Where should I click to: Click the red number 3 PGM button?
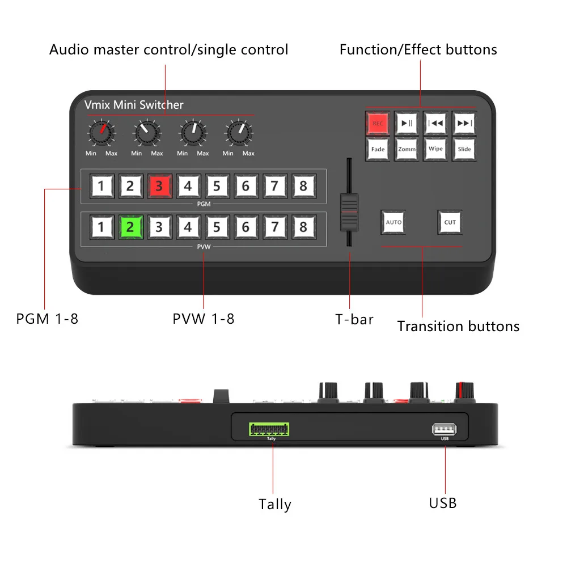(159, 186)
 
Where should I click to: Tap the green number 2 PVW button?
(130, 227)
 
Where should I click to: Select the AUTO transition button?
(393, 222)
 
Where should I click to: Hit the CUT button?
(450, 222)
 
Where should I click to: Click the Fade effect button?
(378, 149)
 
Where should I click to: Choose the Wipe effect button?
(435, 149)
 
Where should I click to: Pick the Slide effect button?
(464, 149)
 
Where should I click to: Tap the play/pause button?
(407, 123)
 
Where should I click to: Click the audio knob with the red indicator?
(100, 133)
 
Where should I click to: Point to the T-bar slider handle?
(349, 211)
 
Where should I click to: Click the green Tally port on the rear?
(268, 429)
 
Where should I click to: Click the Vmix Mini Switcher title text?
(134, 105)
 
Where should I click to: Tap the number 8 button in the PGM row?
(303, 186)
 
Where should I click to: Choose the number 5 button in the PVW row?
(217, 227)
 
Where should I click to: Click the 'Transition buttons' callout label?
(458, 326)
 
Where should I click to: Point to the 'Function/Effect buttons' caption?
(418, 50)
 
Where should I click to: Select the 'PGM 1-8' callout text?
(47, 319)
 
